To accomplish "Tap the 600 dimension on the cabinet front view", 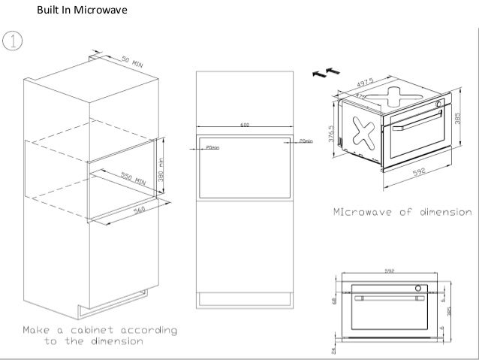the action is [x=245, y=125].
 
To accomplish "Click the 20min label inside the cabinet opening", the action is [x=212, y=148].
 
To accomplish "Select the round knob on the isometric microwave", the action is [x=438, y=104].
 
